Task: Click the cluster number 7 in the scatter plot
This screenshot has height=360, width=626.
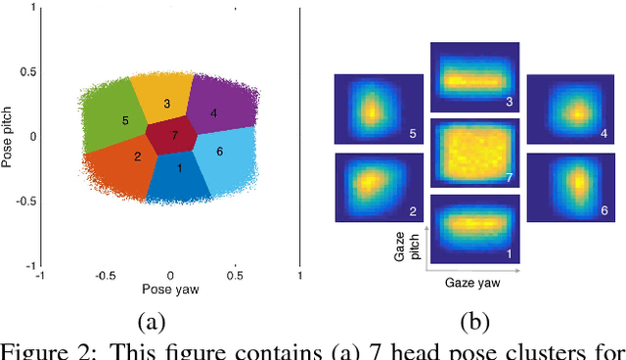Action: pos(174,135)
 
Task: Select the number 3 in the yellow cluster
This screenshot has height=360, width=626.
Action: pos(166,104)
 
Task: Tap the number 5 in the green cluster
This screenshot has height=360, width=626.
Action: pos(125,120)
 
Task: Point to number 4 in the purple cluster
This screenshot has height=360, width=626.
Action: pos(213,113)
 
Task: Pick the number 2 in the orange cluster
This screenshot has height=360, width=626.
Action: pos(138,157)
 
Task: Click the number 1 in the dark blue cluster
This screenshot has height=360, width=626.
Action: pos(179,168)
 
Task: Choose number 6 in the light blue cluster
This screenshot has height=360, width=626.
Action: pos(219,151)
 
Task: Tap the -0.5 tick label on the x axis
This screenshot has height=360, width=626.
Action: pos(105,276)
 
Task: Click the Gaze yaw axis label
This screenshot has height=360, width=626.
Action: pos(473,283)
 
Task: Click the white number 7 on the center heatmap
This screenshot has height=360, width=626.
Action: pos(509,177)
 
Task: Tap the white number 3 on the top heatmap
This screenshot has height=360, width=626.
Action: pos(509,102)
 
